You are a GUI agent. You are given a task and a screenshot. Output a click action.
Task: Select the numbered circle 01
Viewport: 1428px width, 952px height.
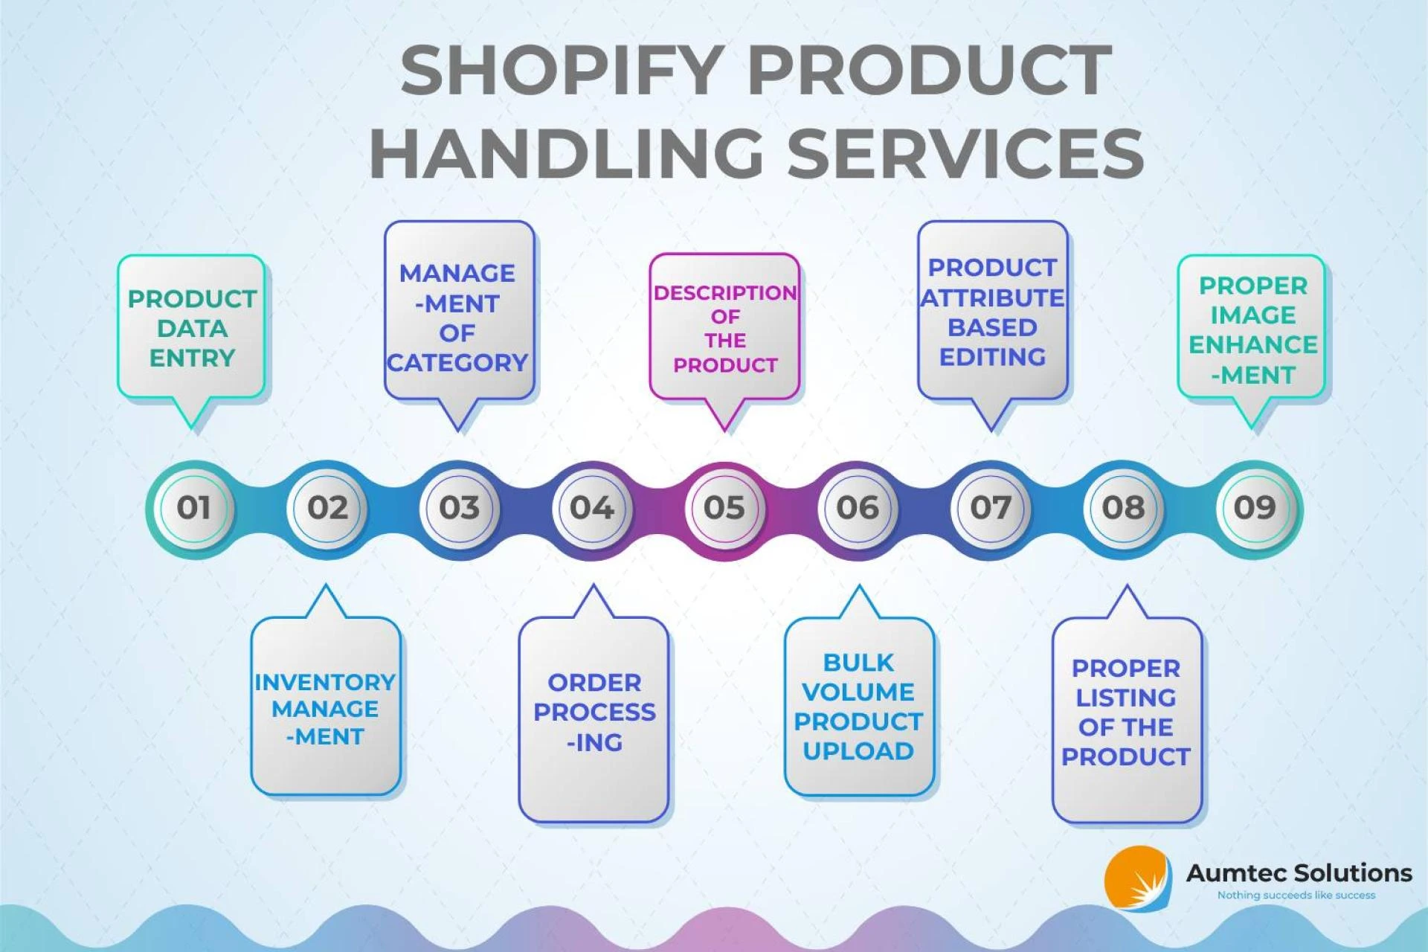click(193, 508)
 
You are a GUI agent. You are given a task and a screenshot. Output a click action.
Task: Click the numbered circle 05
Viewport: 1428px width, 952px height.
click(724, 508)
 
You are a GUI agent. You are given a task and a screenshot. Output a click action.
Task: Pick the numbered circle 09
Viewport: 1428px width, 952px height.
click(1255, 508)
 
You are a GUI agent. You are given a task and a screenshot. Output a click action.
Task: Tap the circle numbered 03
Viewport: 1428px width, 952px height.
click(459, 508)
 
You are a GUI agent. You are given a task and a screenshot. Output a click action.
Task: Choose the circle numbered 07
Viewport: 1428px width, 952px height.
click(990, 508)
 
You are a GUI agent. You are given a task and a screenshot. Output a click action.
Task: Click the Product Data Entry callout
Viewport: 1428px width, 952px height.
click(191, 327)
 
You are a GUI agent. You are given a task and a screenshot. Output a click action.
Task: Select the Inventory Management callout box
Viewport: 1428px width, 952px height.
click(326, 705)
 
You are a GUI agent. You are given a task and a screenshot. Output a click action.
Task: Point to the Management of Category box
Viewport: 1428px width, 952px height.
click(459, 311)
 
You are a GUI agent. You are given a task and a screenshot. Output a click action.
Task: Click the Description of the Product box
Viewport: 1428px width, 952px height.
click(724, 327)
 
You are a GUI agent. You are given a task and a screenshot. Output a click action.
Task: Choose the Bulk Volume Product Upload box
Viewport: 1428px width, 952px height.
click(859, 705)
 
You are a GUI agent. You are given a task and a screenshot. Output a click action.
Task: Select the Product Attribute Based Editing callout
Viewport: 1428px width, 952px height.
click(992, 311)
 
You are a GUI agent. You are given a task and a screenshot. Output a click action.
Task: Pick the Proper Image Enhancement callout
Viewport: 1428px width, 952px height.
click(1252, 327)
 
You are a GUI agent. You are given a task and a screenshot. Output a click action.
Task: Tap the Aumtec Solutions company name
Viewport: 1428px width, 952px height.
click(1299, 872)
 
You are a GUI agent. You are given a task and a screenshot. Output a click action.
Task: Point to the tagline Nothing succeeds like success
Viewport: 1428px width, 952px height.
click(1296, 895)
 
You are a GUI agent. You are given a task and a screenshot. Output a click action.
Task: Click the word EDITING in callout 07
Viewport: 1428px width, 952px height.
click(992, 357)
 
